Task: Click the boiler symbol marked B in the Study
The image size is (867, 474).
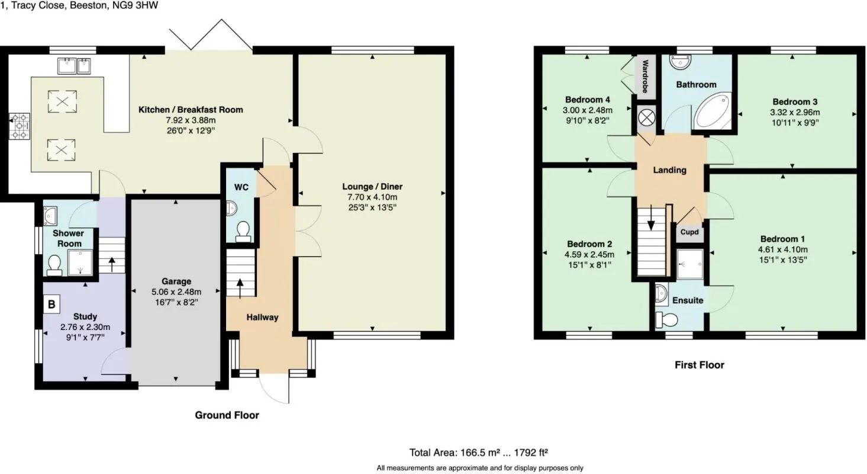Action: [51, 305]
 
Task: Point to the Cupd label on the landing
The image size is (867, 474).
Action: [689, 232]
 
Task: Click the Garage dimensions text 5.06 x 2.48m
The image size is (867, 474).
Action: [176, 292]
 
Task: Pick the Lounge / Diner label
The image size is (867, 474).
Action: [372, 186]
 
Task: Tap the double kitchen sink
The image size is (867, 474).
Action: [74, 66]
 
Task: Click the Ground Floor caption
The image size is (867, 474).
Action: [227, 415]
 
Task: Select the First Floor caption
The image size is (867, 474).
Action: [699, 365]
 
